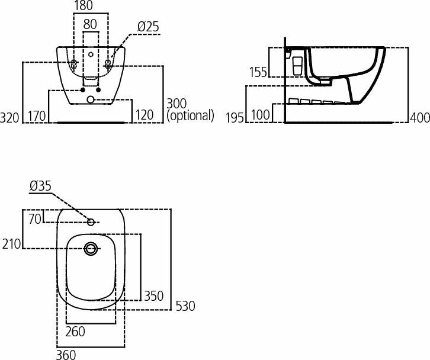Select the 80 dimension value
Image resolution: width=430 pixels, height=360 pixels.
(90, 25)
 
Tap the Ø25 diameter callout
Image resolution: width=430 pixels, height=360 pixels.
(148, 27)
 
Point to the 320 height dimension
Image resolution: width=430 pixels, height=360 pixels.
(10, 117)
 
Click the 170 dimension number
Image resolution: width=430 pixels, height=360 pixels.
(37, 115)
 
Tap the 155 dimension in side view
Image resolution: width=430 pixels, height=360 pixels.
(258, 72)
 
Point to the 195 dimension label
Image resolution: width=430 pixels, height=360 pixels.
(235, 117)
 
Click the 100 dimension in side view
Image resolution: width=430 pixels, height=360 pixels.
(261, 115)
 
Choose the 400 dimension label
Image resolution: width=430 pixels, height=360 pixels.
(420, 117)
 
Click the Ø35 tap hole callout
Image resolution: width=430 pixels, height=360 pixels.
(40, 186)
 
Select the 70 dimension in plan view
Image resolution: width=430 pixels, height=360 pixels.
(35, 219)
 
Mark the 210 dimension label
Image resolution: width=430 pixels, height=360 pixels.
(11, 243)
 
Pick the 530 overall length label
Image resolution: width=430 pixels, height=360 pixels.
(185, 306)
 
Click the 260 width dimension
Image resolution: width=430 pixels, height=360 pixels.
(75, 332)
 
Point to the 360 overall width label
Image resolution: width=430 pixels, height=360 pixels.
(66, 354)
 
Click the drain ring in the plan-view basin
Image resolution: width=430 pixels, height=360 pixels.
(91, 249)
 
